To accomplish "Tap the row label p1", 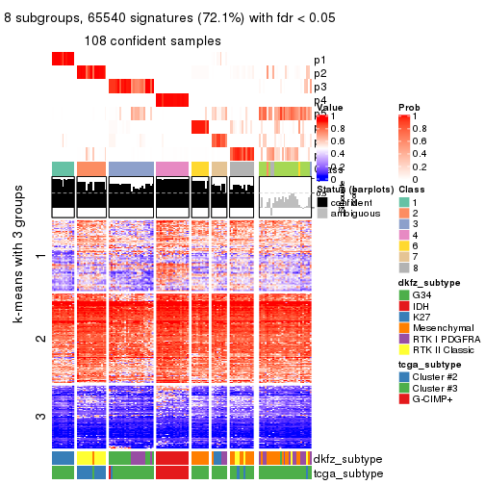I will click(319, 60).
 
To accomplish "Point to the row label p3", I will click(319, 87).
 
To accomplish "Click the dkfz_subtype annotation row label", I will click(347, 458).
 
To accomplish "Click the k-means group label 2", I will click(39, 338).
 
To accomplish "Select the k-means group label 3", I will click(39, 416).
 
